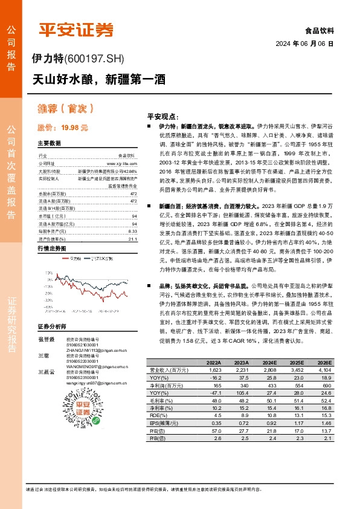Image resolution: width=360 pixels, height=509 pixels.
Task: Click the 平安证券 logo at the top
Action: pos(76,30)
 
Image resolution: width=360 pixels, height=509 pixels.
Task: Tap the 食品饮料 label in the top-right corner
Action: pos(321,30)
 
